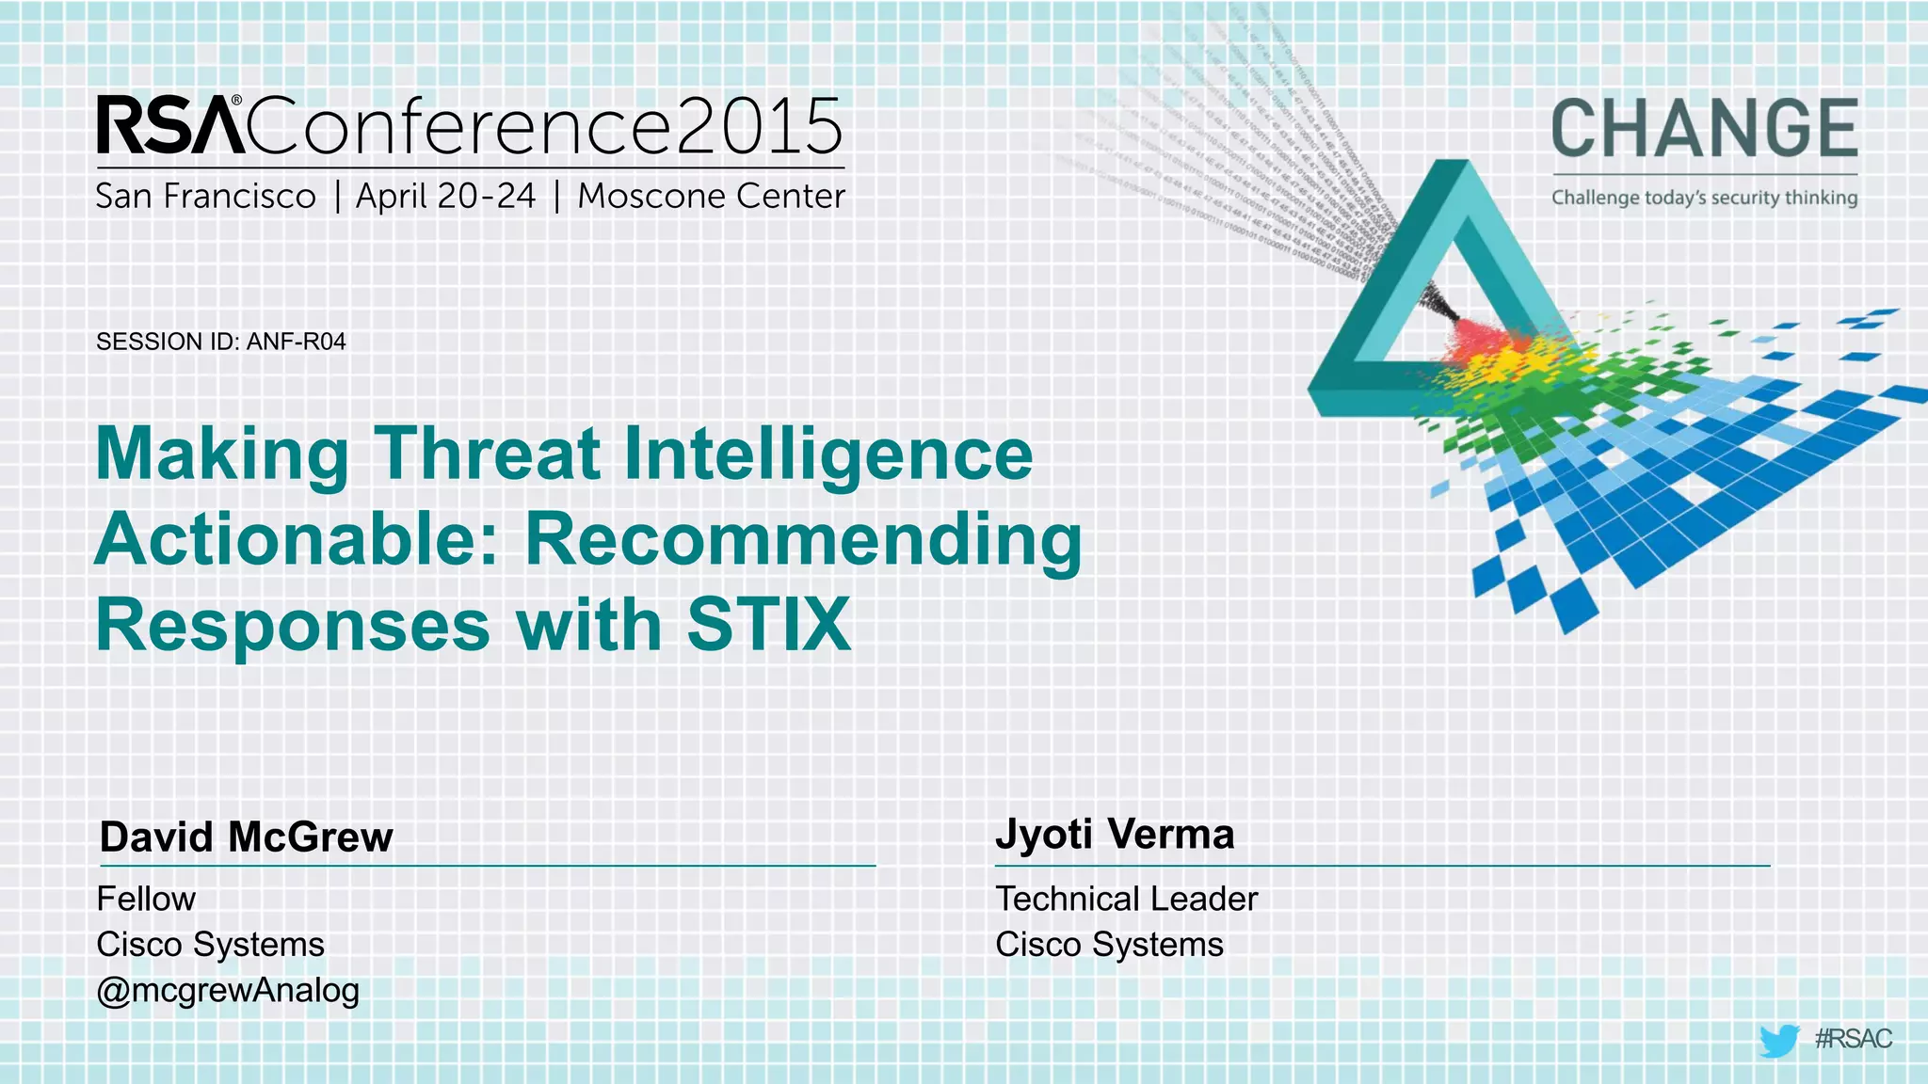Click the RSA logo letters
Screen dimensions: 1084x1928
point(169,125)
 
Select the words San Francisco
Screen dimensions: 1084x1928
point(205,197)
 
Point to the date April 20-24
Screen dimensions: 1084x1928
point(445,197)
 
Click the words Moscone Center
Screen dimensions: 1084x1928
point(711,197)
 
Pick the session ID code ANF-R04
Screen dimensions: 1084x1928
point(296,342)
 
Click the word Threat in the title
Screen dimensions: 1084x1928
point(488,454)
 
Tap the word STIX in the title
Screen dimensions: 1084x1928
point(768,625)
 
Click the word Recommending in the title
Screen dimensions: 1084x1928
point(803,540)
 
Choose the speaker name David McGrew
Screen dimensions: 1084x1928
point(246,837)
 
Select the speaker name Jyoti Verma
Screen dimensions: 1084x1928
point(1115,835)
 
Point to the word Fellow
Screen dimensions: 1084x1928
point(146,900)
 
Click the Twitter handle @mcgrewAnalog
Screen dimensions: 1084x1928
point(228,991)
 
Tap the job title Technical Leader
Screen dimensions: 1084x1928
point(1126,900)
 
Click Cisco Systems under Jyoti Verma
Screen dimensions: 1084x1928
point(1109,945)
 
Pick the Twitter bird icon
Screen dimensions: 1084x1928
point(1778,1041)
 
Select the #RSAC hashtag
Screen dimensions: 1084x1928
point(1853,1039)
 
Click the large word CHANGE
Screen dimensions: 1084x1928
point(1704,129)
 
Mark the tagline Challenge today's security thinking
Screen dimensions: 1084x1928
point(1704,198)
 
